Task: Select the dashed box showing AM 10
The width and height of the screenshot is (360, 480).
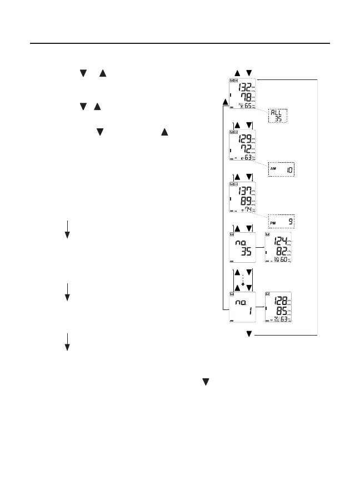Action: tap(281, 170)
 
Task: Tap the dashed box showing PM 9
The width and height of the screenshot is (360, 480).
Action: tap(281, 222)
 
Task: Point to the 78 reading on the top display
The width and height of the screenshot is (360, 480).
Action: tap(243, 100)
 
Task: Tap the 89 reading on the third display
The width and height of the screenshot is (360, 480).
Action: tap(243, 203)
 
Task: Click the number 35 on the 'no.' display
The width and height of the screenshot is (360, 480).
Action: tap(244, 252)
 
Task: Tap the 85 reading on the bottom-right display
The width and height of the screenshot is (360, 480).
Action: tap(280, 311)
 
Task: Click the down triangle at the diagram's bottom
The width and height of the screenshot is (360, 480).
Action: tap(249, 334)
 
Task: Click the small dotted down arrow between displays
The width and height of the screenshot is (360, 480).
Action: tap(243, 283)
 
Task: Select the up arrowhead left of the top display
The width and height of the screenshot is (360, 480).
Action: tap(224, 102)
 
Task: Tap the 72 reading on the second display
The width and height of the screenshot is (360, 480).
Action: tap(243, 151)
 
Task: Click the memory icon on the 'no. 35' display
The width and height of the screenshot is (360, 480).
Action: tap(232, 236)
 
